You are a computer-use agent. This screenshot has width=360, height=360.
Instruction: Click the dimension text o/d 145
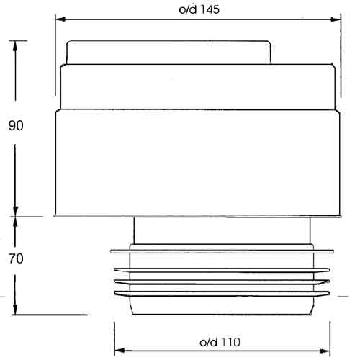coord(199,9)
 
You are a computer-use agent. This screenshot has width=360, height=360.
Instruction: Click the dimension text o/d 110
coord(220,342)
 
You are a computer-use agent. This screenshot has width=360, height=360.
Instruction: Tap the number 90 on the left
coord(16,125)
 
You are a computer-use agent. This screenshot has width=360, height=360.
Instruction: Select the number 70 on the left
coord(16,258)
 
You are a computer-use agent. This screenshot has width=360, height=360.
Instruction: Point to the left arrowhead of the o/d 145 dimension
coord(60,19)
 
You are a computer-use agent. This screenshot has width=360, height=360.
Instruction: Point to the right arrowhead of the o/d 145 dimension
coord(336,19)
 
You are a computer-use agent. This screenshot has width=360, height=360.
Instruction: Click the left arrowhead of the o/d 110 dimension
coord(120,351)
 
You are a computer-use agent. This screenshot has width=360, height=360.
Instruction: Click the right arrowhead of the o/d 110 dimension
coord(325,351)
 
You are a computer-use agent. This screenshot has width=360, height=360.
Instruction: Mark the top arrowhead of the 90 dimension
coord(15,46)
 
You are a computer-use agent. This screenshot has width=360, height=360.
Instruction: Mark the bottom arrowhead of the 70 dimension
coord(15,310)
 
